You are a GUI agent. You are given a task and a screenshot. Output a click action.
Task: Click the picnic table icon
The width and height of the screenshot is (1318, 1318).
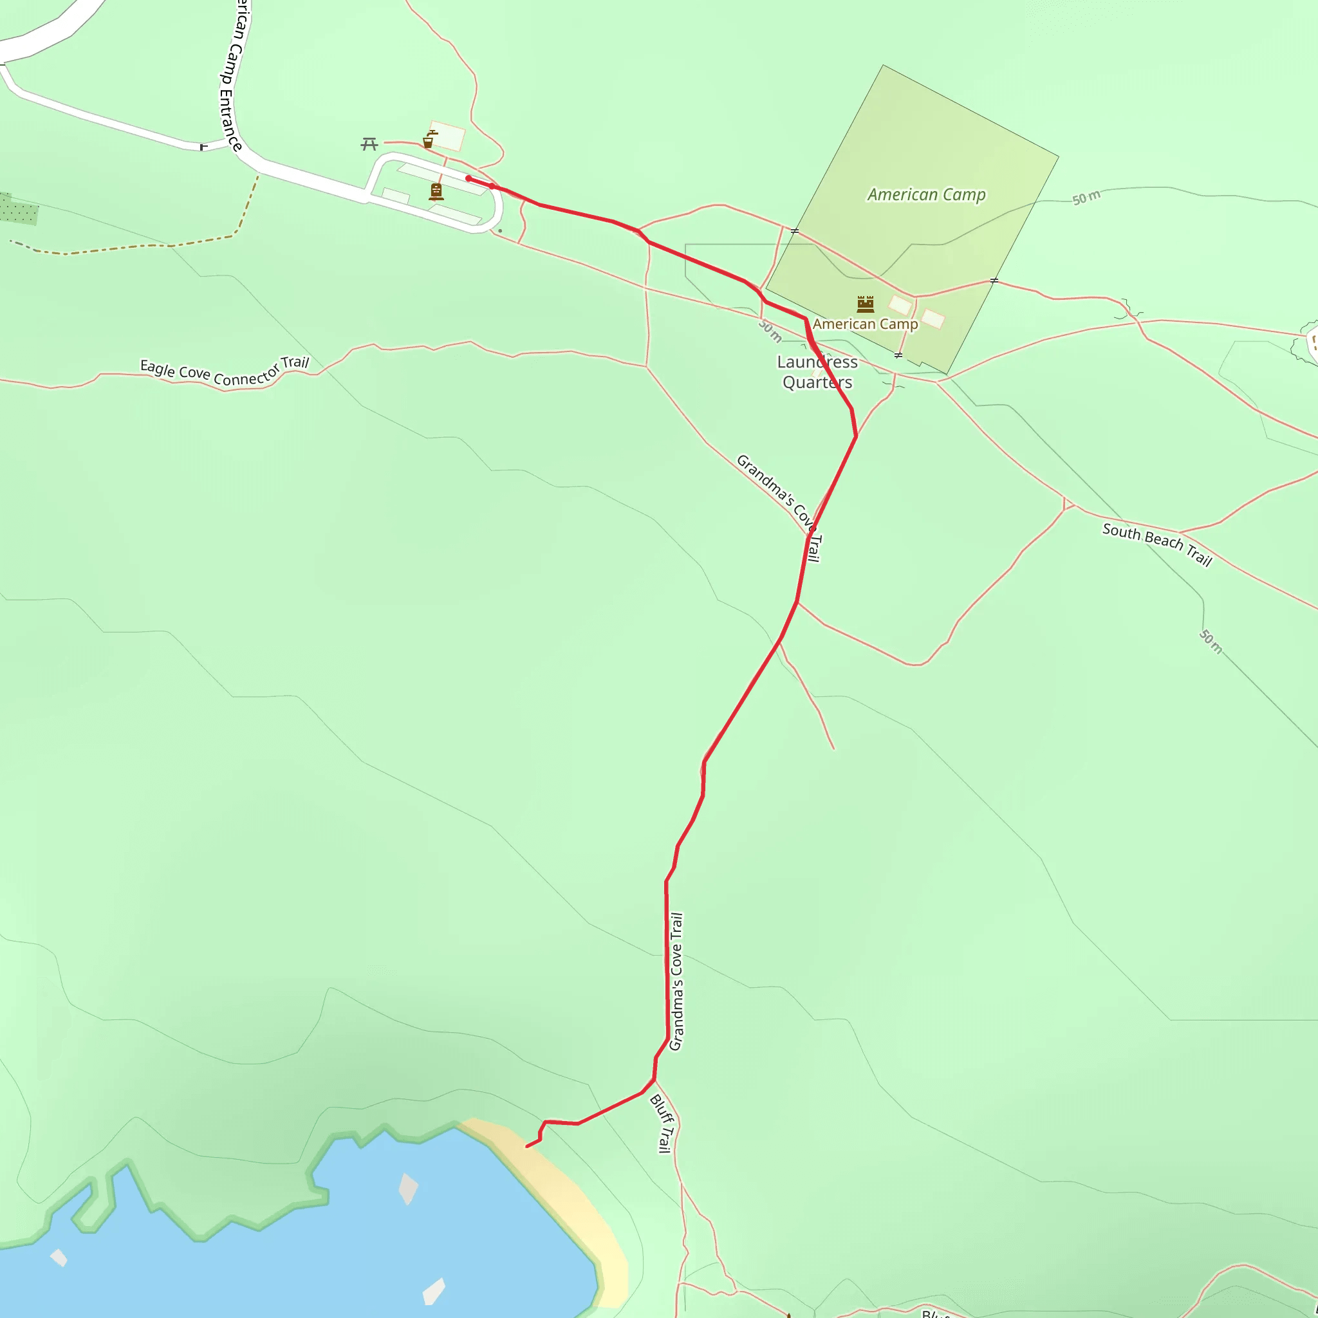point(369,144)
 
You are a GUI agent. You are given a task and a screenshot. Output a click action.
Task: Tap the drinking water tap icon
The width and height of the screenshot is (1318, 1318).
point(429,140)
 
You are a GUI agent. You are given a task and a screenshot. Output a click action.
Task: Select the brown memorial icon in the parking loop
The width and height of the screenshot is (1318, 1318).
point(436,192)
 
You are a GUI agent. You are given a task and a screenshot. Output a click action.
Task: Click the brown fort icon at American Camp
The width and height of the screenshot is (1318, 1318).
point(865,304)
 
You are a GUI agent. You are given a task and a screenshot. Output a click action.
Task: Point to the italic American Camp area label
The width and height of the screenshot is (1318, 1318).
point(927,195)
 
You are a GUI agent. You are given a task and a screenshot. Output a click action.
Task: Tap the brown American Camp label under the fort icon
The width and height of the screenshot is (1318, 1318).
point(865,325)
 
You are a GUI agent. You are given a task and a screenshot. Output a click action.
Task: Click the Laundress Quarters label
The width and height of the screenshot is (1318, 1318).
point(817,372)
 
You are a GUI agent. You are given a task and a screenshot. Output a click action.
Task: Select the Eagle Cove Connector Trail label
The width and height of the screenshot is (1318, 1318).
point(225,373)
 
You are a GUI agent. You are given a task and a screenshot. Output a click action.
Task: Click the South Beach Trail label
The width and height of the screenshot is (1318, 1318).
point(1157,544)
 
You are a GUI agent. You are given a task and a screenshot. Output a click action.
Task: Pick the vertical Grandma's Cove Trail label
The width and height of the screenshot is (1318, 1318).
point(676,981)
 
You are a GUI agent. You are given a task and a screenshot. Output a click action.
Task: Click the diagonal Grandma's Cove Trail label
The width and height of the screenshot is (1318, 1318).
point(779,508)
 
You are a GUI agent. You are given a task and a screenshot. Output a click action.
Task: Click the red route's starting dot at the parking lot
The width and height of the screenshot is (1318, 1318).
point(469,179)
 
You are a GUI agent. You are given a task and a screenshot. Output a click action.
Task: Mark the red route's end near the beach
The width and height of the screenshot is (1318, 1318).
point(526,1147)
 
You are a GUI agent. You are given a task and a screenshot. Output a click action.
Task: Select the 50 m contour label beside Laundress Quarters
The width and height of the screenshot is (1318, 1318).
point(770,331)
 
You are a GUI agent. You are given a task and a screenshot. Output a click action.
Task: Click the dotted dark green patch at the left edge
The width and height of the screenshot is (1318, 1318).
point(18,209)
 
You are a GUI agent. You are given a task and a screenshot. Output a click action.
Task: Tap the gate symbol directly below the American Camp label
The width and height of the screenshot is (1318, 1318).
point(898,355)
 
